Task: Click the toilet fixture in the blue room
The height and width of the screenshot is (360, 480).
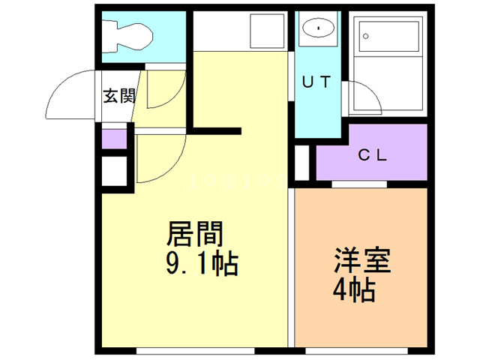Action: (x=132, y=34)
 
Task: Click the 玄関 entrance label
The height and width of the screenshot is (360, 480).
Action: (x=118, y=96)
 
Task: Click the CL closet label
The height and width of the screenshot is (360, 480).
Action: (x=372, y=155)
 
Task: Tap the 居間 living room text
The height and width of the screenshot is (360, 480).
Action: (x=194, y=235)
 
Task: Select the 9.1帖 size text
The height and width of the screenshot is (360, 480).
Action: (x=200, y=264)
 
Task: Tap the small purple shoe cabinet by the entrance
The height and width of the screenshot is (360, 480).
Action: (x=114, y=139)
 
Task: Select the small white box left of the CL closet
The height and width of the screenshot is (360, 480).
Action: (x=301, y=160)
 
